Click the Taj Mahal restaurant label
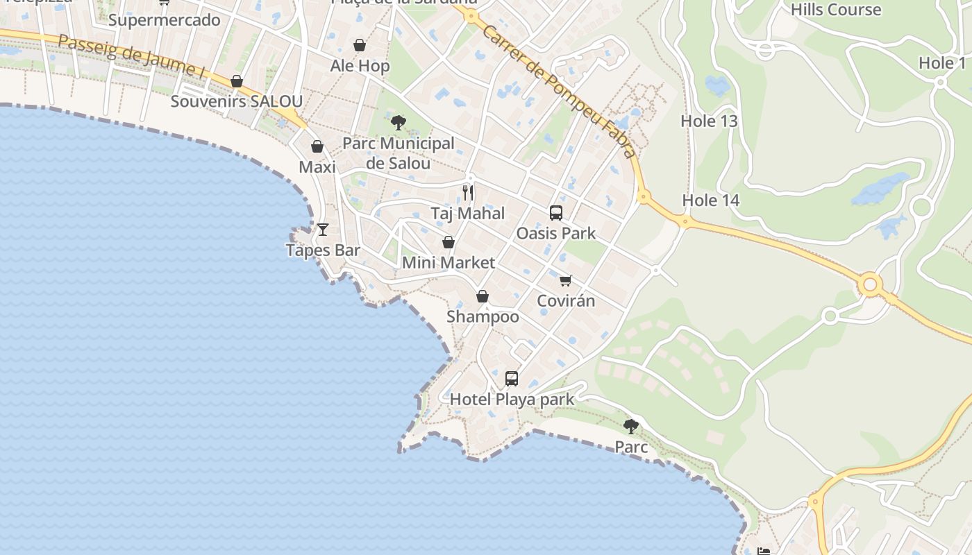pos(467,213)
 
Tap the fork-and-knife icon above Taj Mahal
pos(468,192)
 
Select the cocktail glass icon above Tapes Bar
pos(323,229)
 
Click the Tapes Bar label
pos(323,250)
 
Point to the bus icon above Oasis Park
pos(555,213)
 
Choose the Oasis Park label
pos(555,233)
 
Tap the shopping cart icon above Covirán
pos(566,280)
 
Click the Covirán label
pos(566,301)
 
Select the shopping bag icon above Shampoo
pos(483,297)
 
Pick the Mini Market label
pos(449,263)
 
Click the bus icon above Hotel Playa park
pos(512,379)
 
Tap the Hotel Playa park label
pos(512,400)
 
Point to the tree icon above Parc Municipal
pos(399,123)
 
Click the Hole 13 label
pos(709,121)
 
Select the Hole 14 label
pos(711,200)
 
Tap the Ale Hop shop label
pos(360,66)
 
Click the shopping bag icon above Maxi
pos(317,147)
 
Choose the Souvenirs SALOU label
pos(236,101)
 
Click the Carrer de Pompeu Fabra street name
pos(560,91)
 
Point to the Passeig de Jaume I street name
pos(131,55)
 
